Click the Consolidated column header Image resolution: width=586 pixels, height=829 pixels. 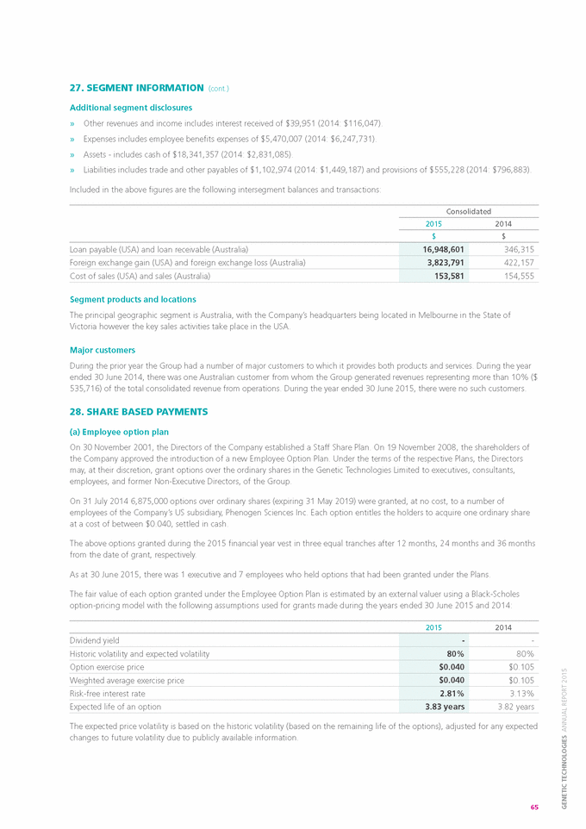coord(468,210)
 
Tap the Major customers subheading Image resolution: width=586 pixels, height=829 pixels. coord(102,350)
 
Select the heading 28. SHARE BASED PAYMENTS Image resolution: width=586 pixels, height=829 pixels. coord(138,412)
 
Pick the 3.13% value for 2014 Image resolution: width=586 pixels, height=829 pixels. coord(521,693)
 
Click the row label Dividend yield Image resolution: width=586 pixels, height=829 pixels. coord(94,640)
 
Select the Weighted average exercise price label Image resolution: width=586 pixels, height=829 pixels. coord(126,680)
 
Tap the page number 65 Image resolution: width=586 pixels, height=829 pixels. coord(534,807)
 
